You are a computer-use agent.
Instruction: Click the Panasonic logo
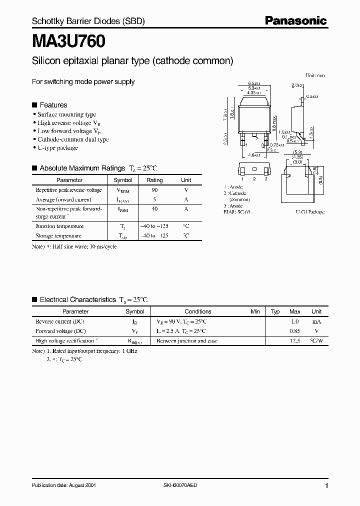pyautogui.click(x=295, y=20)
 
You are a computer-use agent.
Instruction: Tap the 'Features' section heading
pyautogui.click(x=53, y=105)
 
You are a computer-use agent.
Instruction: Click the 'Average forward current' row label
pyautogui.click(x=63, y=199)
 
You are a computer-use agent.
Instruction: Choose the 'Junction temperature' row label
pyautogui.click(x=59, y=226)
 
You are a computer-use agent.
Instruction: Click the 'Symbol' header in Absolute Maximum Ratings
pyautogui.click(x=123, y=180)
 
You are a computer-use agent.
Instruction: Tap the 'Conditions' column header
pyautogui.click(x=198, y=311)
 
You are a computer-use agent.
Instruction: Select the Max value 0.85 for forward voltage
pyautogui.click(x=295, y=331)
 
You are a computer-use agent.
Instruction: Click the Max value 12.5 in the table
pyautogui.click(x=295, y=340)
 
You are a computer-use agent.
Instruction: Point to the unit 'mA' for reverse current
pyautogui.click(x=316, y=321)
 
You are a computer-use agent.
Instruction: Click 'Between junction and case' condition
pyautogui.click(x=187, y=340)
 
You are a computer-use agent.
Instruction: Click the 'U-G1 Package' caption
pyautogui.click(x=309, y=212)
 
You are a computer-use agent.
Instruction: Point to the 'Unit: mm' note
pyautogui.click(x=315, y=75)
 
